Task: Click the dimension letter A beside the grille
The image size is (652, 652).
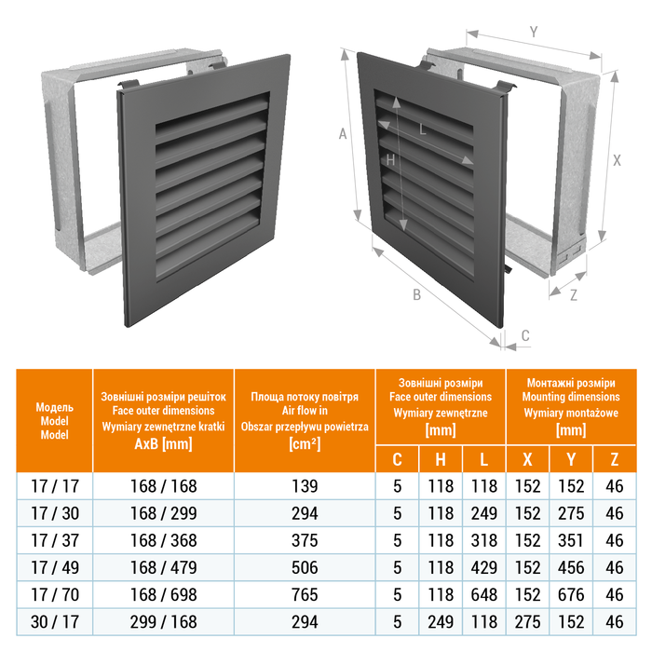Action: point(343,134)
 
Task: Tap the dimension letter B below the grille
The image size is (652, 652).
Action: point(416,295)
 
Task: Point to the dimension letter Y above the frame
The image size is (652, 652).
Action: point(534,32)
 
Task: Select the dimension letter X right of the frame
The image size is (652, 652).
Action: point(617,160)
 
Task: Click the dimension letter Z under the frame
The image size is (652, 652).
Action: point(574,295)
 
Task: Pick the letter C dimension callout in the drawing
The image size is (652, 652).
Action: point(525,335)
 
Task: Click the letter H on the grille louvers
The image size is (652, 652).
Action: point(390,160)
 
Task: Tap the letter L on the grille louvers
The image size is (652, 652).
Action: point(423,129)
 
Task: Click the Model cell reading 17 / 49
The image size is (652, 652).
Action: point(54,567)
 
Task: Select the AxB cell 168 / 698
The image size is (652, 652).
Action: point(163,594)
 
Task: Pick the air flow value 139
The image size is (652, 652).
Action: point(305,486)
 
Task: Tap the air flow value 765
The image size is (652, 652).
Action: point(305,594)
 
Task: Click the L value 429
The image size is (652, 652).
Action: point(484,567)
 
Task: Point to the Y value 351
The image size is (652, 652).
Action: point(571,540)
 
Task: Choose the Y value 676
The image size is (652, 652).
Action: point(571,594)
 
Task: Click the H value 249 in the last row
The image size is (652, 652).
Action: point(441,622)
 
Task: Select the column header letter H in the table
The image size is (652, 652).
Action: point(441,459)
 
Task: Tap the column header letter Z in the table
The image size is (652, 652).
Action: point(614,459)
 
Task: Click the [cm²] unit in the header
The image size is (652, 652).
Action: point(305,444)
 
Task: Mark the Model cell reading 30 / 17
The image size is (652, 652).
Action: point(54,622)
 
